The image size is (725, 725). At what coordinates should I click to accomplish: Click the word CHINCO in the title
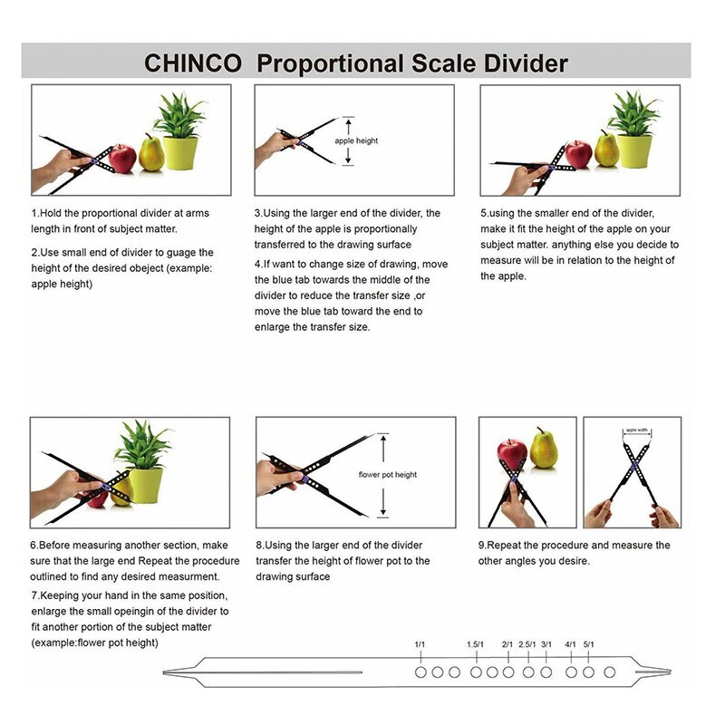coord(193,63)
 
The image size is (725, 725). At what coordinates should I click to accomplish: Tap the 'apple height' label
coord(356,140)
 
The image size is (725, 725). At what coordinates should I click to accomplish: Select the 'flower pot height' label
coord(388,475)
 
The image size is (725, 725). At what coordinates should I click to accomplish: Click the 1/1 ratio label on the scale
coord(420,644)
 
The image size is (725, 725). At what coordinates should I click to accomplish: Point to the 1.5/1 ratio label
coord(475,644)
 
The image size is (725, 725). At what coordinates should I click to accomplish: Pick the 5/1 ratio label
coord(589,644)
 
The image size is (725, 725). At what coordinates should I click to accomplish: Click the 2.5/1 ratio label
coord(527,644)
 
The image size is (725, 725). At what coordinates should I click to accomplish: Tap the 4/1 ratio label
coord(571,644)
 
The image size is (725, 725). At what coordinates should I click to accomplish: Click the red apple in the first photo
coord(123,157)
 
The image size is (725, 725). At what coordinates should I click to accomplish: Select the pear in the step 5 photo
coord(606,150)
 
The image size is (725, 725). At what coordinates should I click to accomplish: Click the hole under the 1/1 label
coord(420,672)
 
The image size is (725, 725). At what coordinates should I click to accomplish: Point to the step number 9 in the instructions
coord(481,546)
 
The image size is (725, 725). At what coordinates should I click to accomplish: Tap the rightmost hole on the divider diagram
coord(609,672)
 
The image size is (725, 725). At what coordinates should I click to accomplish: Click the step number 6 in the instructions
coord(33,546)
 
